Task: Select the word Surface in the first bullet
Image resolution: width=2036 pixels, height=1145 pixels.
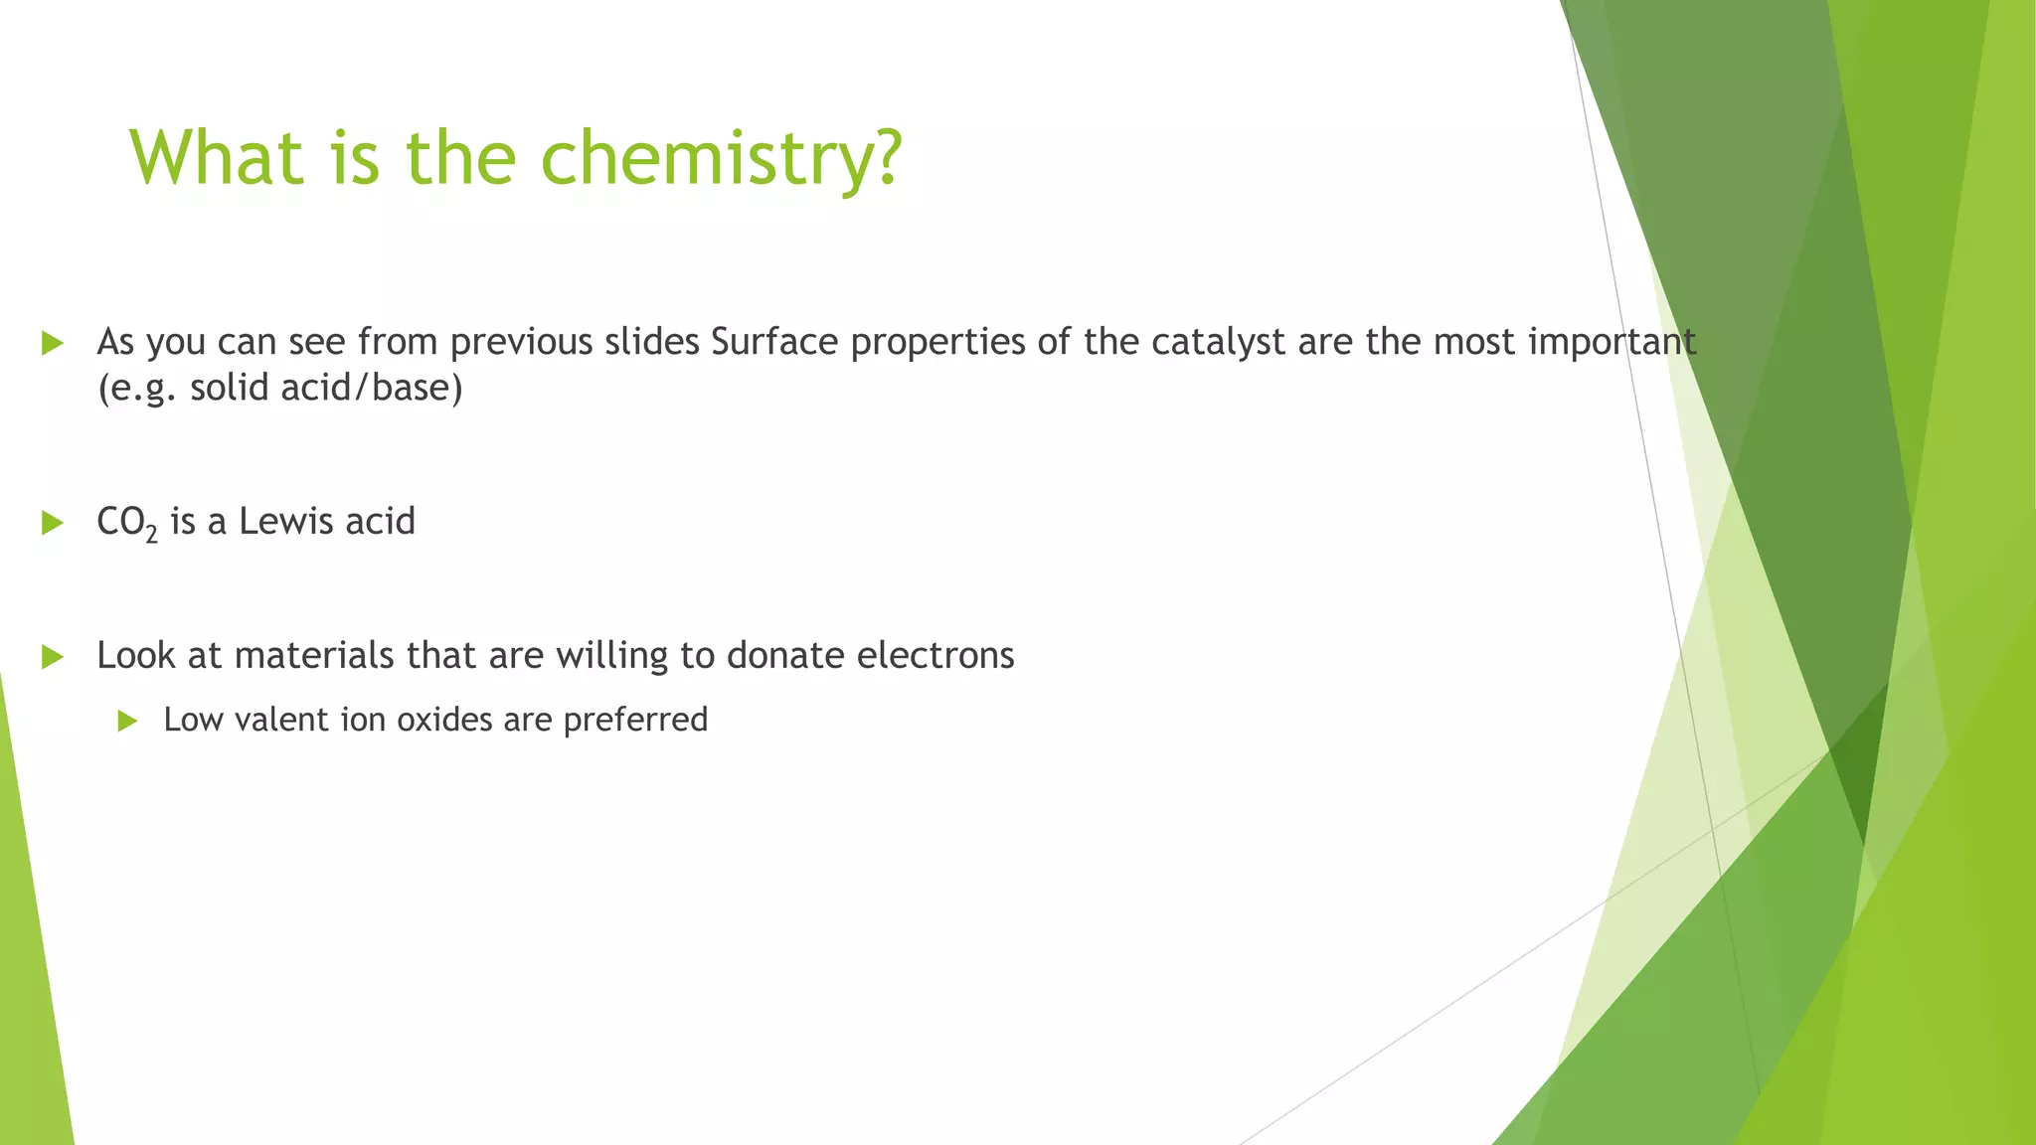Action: pos(774,342)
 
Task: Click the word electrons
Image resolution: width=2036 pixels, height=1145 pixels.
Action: pos(935,656)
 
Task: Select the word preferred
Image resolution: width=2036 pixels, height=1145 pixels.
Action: pos(635,721)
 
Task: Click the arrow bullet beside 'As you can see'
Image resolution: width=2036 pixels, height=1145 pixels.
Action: pos(53,344)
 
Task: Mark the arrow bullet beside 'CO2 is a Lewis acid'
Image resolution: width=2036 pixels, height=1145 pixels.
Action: pos(53,523)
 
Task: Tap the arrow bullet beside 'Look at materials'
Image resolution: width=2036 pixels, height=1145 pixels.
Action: pos(53,657)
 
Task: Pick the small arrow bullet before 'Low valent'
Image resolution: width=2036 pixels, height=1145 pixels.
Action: pos(126,721)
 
